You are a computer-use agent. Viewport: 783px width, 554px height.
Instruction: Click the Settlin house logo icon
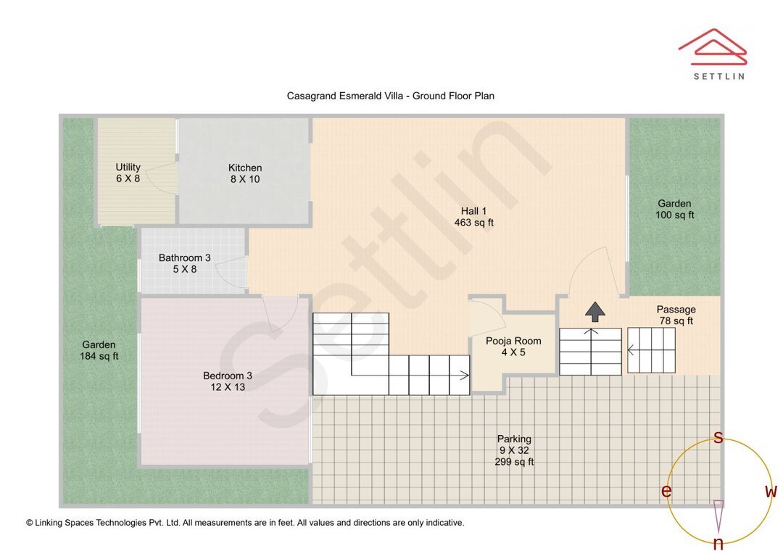pos(713,46)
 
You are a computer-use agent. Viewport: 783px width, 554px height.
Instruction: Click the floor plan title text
pos(390,96)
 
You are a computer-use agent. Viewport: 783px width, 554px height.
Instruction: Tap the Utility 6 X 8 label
pos(128,173)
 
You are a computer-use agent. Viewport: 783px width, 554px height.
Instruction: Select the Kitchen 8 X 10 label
pos(245,173)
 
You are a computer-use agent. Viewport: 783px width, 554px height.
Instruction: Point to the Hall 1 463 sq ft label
pos(473,217)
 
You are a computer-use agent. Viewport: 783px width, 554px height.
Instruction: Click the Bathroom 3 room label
pos(185,263)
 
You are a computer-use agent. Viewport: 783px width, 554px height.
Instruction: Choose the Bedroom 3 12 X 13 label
pos(228,381)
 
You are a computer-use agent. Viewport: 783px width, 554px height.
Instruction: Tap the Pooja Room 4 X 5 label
pos(513,347)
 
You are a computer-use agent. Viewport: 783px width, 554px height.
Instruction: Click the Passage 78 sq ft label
pos(676,315)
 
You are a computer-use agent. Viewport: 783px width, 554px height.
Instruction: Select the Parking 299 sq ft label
pos(514,450)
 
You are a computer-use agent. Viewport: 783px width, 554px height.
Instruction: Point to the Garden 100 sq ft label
pos(674,209)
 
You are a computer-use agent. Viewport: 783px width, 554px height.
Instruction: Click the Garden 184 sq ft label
pos(99,350)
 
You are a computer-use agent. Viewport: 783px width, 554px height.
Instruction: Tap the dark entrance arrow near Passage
pos(595,312)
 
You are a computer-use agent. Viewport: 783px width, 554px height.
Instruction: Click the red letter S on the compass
pos(718,437)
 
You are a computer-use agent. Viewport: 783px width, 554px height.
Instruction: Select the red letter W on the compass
pos(771,492)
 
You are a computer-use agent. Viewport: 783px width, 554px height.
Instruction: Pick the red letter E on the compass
pos(666,492)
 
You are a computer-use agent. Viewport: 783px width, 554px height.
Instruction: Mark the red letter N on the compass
pos(718,543)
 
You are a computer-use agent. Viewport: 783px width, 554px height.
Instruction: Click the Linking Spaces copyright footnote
pos(245,522)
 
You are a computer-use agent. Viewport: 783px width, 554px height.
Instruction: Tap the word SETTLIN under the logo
pos(718,75)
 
